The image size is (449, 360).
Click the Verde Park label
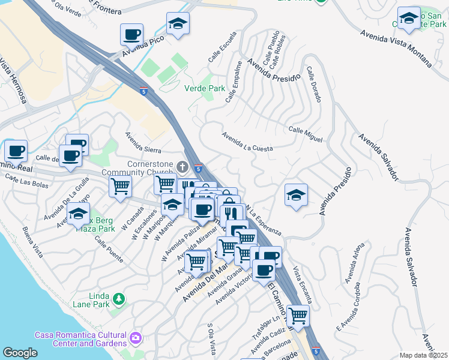(x=204, y=88)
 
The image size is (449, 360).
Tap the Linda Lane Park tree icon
(x=119, y=298)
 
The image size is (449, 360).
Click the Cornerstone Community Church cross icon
(x=183, y=166)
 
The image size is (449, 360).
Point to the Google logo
(x=20, y=353)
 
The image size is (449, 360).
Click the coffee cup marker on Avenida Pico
(x=131, y=35)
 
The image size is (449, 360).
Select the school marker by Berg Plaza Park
(x=78, y=214)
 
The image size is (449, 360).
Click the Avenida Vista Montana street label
(x=396, y=47)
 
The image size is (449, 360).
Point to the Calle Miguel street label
(x=305, y=134)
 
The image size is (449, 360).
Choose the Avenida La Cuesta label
(x=247, y=142)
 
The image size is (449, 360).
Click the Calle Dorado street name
(x=314, y=83)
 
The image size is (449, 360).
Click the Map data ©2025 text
(x=423, y=355)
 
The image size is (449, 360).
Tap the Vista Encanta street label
(x=302, y=284)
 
